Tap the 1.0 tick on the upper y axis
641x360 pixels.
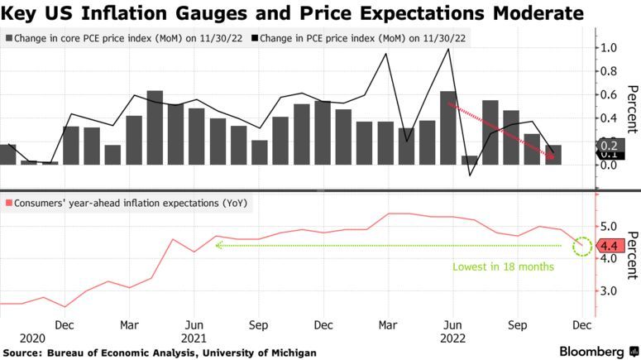[x=610, y=48]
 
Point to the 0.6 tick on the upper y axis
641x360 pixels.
[x=610, y=95]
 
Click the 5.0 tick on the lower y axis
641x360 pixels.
[x=609, y=226]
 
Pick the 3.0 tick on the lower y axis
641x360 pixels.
[x=609, y=291]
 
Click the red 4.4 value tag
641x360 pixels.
[x=610, y=246]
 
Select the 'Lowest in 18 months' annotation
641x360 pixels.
[x=503, y=267]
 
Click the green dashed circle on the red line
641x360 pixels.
[x=584, y=246]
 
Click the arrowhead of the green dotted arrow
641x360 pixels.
[x=218, y=245]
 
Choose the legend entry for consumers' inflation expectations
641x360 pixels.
[x=126, y=203]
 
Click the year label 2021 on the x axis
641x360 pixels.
[x=193, y=338]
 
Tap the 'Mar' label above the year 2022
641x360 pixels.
[x=386, y=325]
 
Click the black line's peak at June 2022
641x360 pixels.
[x=448, y=49]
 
